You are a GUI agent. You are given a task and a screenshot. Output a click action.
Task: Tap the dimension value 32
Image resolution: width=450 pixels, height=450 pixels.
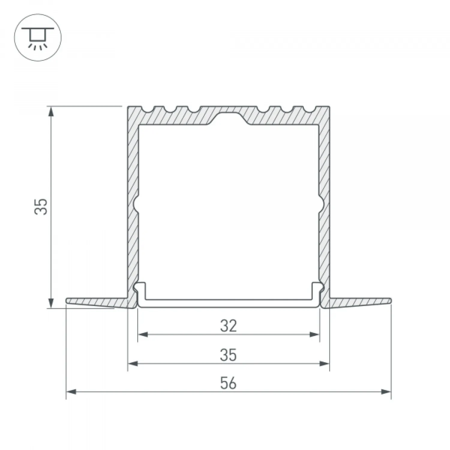(x=228, y=326)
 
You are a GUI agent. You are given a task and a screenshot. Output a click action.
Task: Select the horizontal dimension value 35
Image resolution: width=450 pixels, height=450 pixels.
(x=228, y=355)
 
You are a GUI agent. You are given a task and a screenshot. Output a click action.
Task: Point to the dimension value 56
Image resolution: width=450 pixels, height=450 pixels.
(x=228, y=383)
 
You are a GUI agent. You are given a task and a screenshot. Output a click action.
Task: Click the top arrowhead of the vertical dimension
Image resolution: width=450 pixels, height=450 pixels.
(x=52, y=112)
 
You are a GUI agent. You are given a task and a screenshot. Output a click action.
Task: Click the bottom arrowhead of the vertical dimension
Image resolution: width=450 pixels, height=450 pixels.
(x=52, y=302)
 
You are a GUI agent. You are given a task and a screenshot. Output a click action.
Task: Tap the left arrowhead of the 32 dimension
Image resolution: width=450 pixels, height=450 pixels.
(x=143, y=334)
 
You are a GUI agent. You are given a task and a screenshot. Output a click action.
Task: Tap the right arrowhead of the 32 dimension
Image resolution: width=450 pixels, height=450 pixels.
(x=314, y=334)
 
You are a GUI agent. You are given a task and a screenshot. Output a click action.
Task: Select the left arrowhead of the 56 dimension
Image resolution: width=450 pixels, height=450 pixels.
(x=71, y=392)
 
